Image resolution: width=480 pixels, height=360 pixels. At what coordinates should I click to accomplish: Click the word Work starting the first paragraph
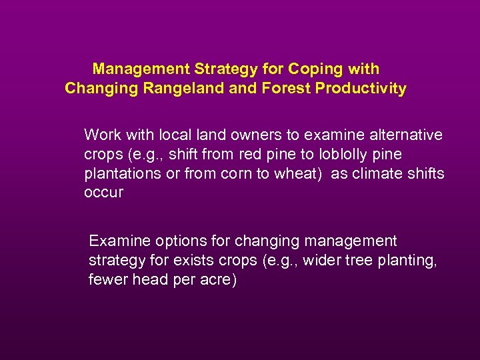click(102, 135)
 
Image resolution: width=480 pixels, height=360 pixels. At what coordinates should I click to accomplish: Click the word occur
click(103, 193)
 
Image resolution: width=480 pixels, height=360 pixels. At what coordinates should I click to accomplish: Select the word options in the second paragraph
click(169, 241)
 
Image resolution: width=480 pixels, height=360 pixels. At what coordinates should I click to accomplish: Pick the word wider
click(322, 260)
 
